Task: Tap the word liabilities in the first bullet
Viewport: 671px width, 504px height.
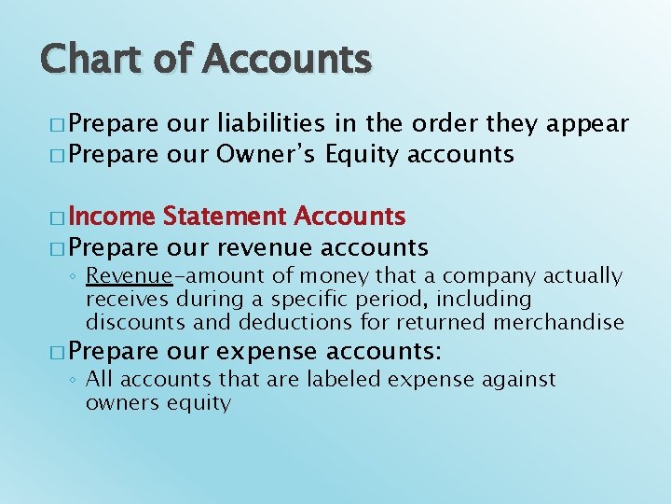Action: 270,124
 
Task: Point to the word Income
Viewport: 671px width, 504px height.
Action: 111,217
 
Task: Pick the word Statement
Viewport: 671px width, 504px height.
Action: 225,217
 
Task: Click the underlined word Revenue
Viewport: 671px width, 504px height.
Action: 129,276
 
